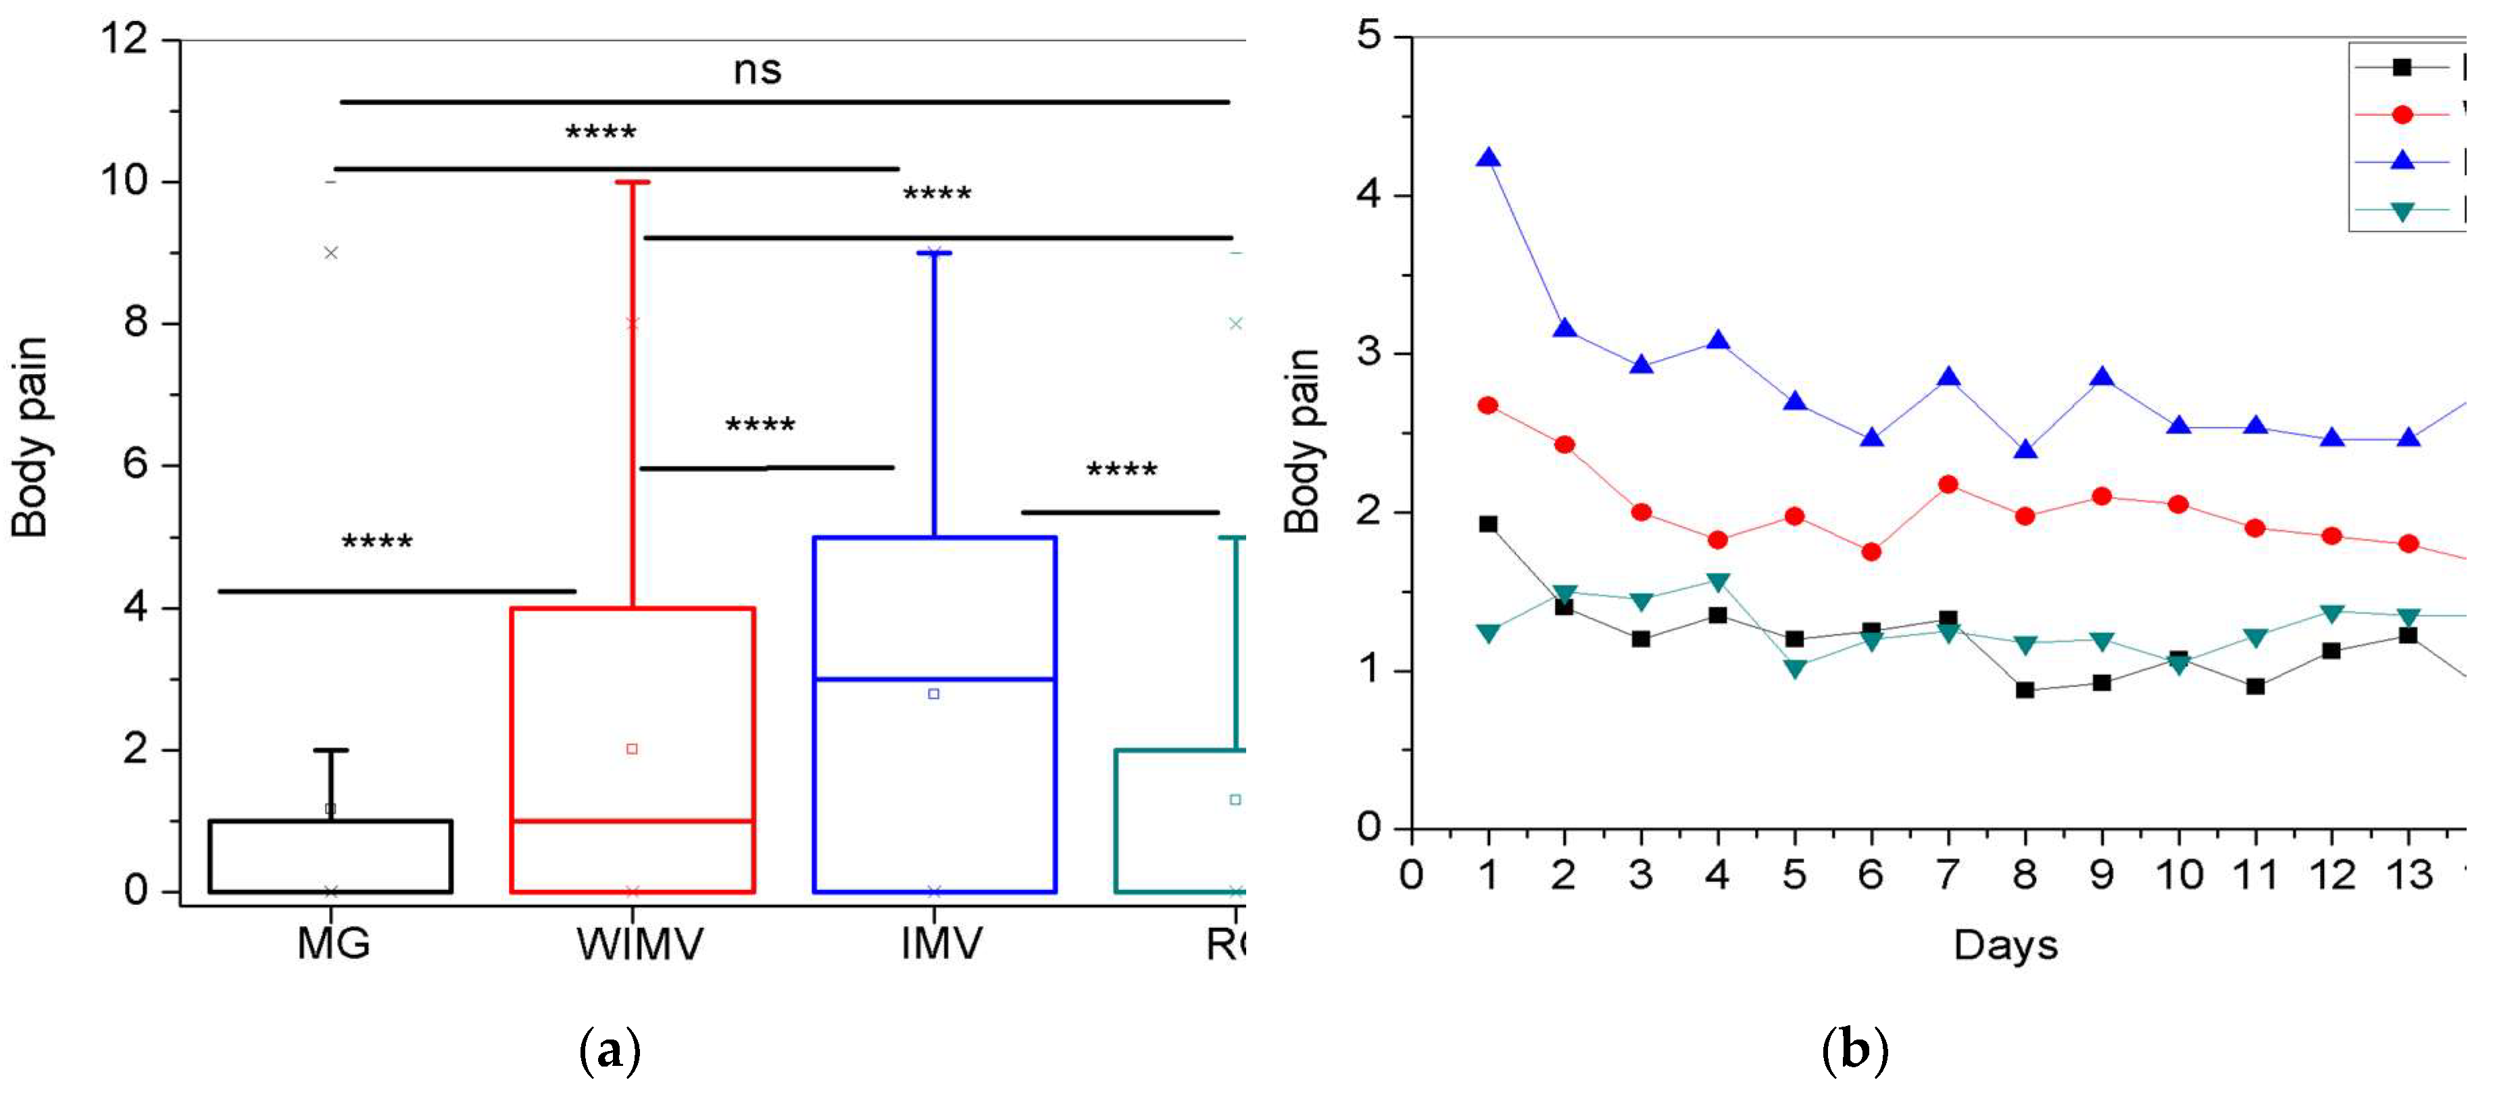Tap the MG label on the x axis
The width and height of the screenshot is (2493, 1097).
click(333, 943)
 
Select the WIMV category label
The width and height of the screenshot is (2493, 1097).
click(640, 943)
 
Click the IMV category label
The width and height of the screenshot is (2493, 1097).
click(941, 943)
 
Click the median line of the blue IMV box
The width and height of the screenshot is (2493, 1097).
click(934, 679)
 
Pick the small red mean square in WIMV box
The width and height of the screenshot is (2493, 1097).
click(632, 749)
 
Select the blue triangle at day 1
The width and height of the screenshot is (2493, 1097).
click(1489, 158)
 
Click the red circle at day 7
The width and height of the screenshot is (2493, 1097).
click(1948, 484)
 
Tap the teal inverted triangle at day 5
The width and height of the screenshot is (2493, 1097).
click(1795, 669)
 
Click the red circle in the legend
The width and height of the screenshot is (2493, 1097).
click(2401, 114)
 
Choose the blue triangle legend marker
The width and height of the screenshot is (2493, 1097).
click(2401, 161)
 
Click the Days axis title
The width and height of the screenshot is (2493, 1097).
click(2005, 945)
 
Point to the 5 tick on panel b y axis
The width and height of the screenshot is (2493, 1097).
click(1368, 37)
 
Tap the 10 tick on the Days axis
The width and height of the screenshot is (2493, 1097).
click(2179, 875)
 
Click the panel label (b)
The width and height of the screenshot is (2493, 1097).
click(1854, 1050)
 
